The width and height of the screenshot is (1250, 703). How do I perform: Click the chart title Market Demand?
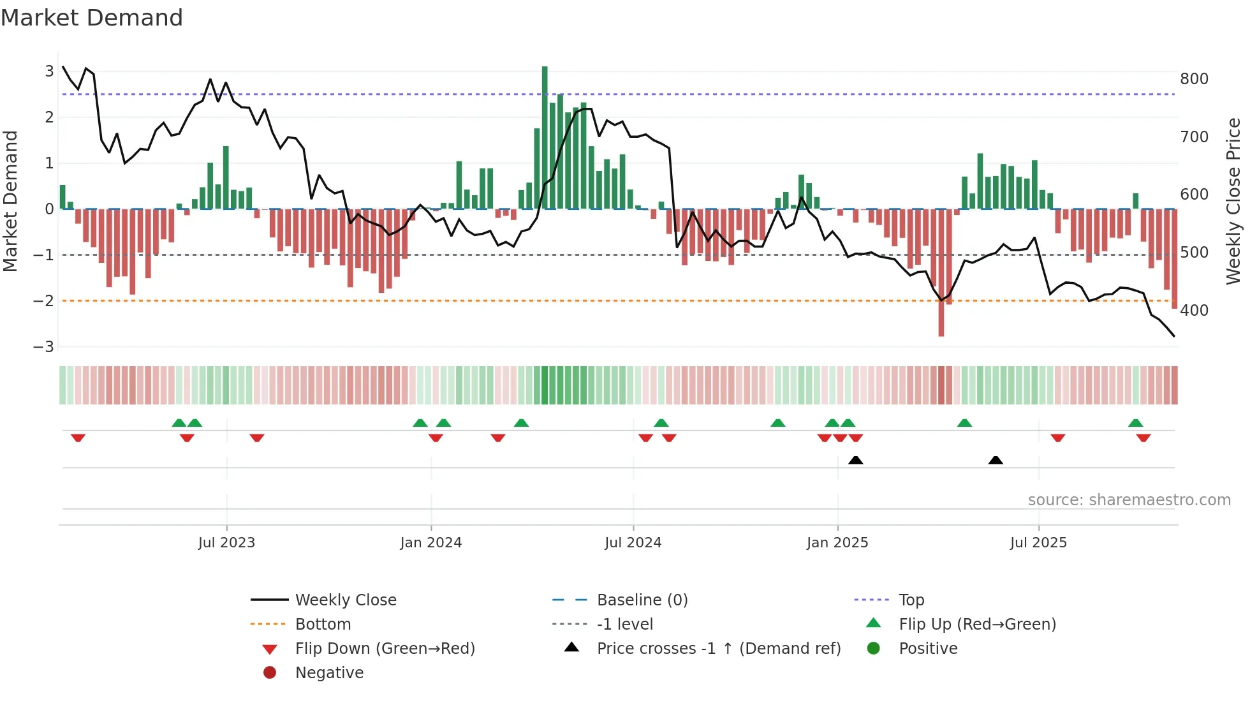pyautogui.click(x=92, y=17)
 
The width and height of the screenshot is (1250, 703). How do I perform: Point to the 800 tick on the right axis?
pyautogui.click(x=1194, y=79)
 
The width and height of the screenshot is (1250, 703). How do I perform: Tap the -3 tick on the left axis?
pyautogui.click(x=44, y=347)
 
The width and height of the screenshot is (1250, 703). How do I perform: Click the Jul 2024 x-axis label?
pyautogui.click(x=633, y=543)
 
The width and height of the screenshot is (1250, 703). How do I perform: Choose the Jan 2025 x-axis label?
pyautogui.click(x=837, y=543)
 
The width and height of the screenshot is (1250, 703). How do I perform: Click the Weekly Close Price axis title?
pyautogui.click(x=1233, y=201)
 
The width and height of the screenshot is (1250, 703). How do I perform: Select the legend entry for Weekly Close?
pyautogui.click(x=345, y=600)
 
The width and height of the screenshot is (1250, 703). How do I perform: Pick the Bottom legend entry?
pyautogui.click(x=323, y=625)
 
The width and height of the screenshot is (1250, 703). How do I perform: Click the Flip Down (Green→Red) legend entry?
pyautogui.click(x=385, y=649)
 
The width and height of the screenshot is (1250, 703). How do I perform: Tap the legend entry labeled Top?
pyautogui.click(x=911, y=600)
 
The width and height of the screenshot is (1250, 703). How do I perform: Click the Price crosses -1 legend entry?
pyautogui.click(x=718, y=649)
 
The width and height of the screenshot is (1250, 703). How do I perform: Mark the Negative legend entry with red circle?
pyautogui.click(x=329, y=673)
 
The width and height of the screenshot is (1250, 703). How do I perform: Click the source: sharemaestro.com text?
pyautogui.click(x=1129, y=500)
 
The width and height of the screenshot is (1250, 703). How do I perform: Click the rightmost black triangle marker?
pyautogui.click(x=996, y=461)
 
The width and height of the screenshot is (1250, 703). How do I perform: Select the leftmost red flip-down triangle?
pyautogui.click(x=78, y=438)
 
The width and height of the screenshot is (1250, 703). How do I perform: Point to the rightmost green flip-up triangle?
pyautogui.click(x=1135, y=423)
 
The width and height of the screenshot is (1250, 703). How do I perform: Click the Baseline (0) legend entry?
pyautogui.click(x=642, y=600)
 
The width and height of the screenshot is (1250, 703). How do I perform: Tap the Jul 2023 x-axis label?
pyautogui.click(x=226, y=543)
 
